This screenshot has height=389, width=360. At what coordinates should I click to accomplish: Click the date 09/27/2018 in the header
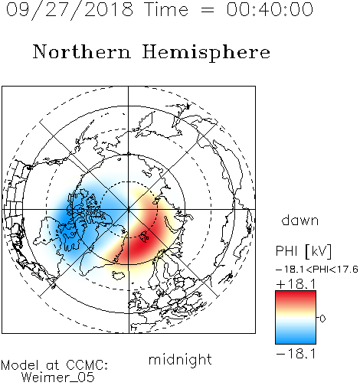[x=70, y=10]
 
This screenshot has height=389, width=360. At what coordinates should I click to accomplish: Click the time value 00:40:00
[x=270, y=9]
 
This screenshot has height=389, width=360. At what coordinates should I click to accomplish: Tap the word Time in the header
[x=166, y=9]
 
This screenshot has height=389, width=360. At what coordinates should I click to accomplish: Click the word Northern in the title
[x=81, y=51]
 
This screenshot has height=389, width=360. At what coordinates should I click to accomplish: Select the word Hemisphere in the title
[x=206, y=53]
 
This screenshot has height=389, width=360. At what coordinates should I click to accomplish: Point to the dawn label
[x=300, y=221]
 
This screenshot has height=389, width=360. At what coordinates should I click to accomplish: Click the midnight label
[x=180, y=360]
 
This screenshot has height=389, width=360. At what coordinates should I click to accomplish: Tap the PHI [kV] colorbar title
[x=303, y=251]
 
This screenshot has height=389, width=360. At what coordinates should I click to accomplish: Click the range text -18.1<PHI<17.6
[x=317, y=270]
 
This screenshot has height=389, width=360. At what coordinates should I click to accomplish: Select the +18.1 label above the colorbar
[x=296, y=284]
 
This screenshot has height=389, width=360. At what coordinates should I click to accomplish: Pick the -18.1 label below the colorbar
[x=296, y=354]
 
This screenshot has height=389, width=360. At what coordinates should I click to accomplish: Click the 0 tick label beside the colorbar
[x=322, y=319]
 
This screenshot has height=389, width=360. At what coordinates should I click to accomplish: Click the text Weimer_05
[x=58, y=378]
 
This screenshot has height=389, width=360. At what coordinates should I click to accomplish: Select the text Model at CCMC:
[x=54, y=365]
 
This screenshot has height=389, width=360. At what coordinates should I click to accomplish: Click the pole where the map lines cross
[x=129, y=209]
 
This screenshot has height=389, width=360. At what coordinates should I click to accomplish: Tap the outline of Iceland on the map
[x=118, y=275]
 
